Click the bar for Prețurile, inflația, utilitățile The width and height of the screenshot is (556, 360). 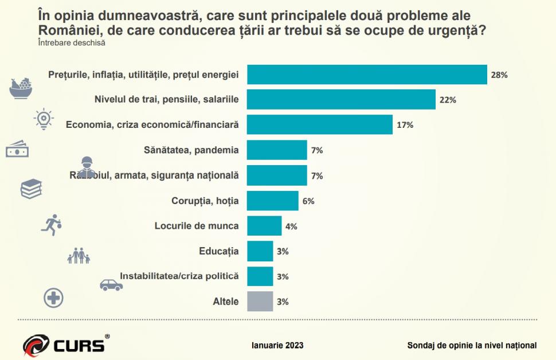[x=367, y=75]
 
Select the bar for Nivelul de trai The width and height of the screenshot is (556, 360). [x=341, y=99]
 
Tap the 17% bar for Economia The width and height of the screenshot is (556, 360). [x=319, y=124]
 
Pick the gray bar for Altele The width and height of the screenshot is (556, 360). [x=260, y=301]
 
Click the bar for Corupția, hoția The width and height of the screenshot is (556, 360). [x=272, y=201]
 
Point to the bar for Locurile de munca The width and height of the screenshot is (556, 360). [x=264, y=226]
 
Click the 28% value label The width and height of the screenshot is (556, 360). [x=499, y=75]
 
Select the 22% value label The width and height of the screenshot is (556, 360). [x=448, y=100]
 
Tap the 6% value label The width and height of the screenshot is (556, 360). [x=308, y=201]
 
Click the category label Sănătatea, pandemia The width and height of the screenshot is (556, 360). [x=191, y=150]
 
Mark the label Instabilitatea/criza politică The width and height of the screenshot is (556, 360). [x=179, y=276]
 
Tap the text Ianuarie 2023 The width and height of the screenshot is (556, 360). [x=277, y=345]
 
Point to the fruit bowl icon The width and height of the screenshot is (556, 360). [x=22, y=87]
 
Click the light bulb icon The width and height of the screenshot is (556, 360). [x=44, y=118]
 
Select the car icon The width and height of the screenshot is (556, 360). [x=111, y=285]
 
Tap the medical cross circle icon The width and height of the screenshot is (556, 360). [x=53, y=298]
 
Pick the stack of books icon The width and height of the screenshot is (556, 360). [x=31, y=189]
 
